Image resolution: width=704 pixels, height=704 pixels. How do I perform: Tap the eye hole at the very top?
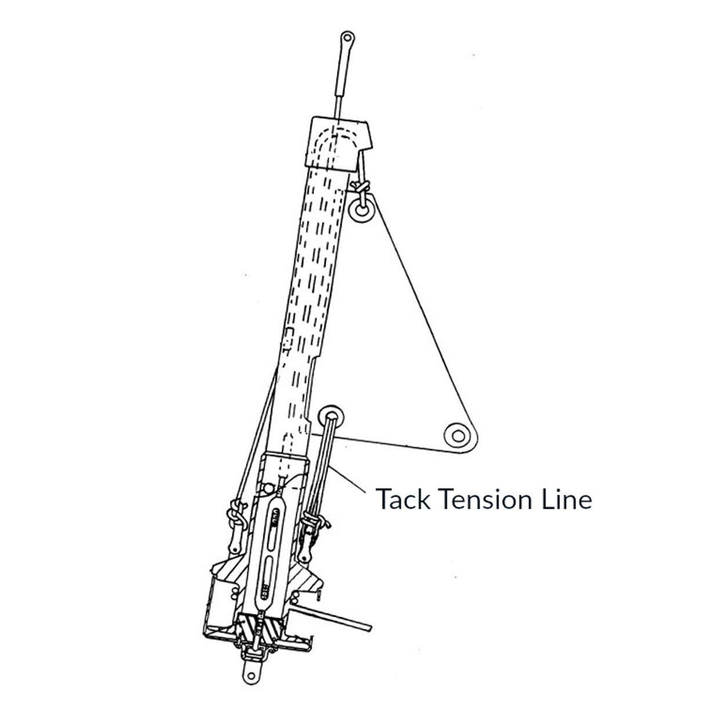[x=346, y=38]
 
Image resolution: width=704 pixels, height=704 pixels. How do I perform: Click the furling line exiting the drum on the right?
[x=342, y=619]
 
